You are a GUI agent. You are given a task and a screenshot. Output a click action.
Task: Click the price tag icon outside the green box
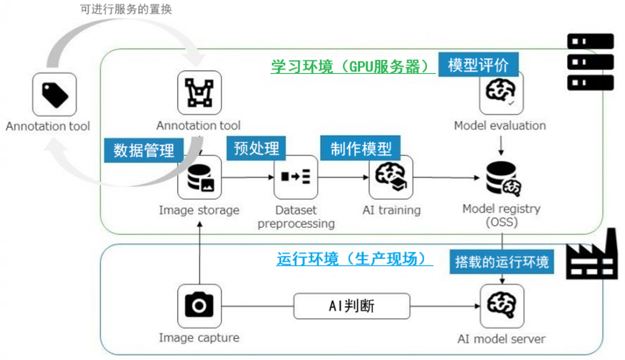[x=54, y=95]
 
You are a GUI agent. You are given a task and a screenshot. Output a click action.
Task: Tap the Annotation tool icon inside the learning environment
[x=199, y=93]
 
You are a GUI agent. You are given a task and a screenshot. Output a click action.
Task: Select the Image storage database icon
[x=199, y=178]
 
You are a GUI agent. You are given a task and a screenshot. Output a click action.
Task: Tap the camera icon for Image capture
[x=199, y=306]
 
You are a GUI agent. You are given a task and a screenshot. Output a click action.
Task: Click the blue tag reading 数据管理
[x=144, y=150]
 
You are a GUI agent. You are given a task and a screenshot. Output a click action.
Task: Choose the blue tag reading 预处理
[x=256, y=148]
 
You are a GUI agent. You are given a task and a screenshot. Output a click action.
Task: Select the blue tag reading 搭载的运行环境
[x=501, y=261]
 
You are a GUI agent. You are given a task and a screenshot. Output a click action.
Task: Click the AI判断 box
[x=351, y=306]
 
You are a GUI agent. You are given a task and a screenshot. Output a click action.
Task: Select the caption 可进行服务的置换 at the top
[x=126, y=10]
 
